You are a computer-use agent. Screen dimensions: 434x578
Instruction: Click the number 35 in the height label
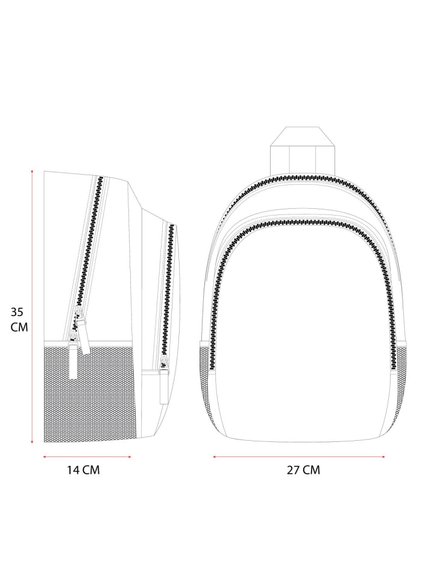[x=17, y=312]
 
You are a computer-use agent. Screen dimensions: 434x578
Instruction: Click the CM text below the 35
[x=19, y=327]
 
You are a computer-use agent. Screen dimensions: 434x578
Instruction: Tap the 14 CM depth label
[x=83, y=470]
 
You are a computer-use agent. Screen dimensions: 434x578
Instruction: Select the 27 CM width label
[x=303, y=470]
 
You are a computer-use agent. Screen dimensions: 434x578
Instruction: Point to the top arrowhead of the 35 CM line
[x=32, y=172]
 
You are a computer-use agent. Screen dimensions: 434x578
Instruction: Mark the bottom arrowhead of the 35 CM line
[x=32, y=441]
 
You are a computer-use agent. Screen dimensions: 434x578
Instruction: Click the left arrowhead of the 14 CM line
[x=45, y=457]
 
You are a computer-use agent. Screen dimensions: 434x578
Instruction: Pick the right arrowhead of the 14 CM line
[x=130, y=457]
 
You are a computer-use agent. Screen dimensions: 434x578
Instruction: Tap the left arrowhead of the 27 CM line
[x=214, y=457]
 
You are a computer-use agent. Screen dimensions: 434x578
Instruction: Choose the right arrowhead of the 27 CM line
[x=383, y=457]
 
